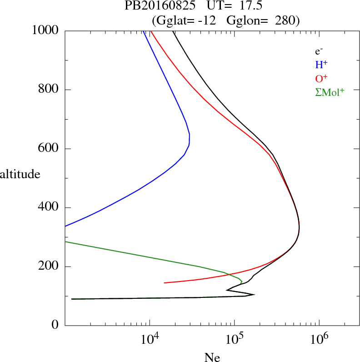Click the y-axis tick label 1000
pos(45,30)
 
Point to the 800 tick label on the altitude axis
pos(49,90)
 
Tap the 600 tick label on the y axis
pos(49,149)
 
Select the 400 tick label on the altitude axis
pos(49,208)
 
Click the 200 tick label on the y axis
pos(49,266)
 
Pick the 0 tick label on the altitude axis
pos(55,326)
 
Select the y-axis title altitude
pos(20,174)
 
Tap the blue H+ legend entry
pos(321,65)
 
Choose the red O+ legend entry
pos(321,78)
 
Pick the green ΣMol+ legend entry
pos(330,92)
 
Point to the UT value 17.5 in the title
pos(247,6)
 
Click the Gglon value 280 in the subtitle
pos(285,20)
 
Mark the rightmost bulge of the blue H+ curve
pos(189,139)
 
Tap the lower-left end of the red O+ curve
pos(164,283)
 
